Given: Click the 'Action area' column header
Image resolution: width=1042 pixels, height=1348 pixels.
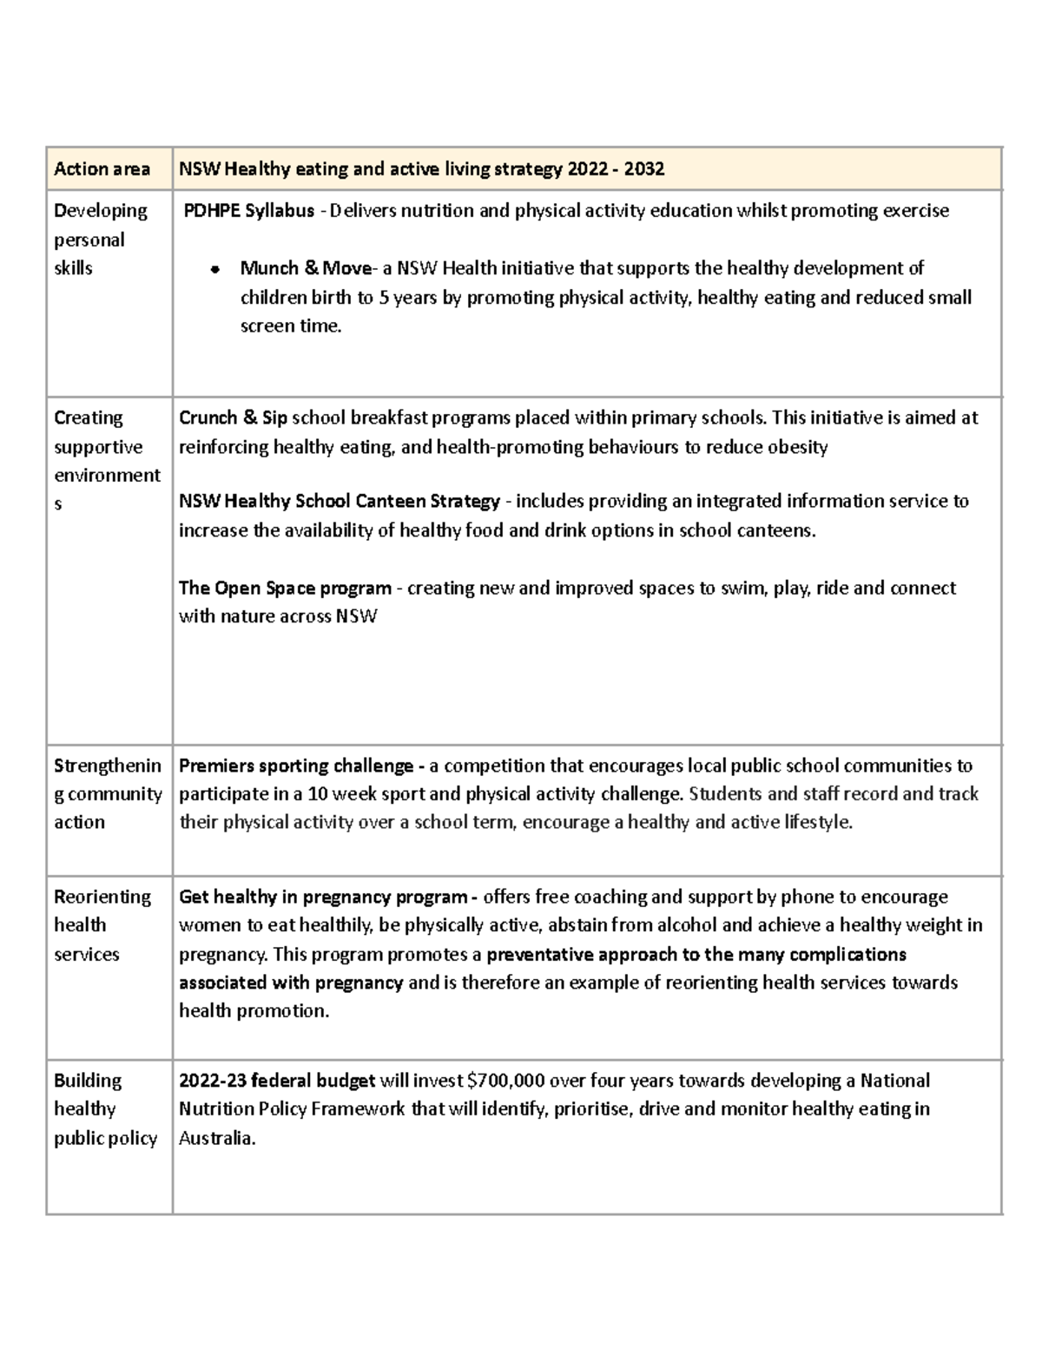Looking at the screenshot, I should click(x=102, y=169).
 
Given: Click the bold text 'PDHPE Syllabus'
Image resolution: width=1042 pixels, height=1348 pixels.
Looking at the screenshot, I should click(x=248, y=211).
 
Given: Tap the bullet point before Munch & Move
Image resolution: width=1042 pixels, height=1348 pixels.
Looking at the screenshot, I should click(x=213, y=270).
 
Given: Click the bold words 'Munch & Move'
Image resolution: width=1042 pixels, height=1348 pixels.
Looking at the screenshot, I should click(x=305, y=268).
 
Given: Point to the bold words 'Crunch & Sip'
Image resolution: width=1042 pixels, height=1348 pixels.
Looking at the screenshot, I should click(x=233, y=418).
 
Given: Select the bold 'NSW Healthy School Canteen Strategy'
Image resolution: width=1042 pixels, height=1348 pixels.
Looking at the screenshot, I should click(x=339, y=502).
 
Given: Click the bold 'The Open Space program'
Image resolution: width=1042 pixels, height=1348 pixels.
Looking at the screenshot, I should click(x=285, y=589).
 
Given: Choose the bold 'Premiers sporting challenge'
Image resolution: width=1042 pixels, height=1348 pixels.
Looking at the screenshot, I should click(x=296, y=766).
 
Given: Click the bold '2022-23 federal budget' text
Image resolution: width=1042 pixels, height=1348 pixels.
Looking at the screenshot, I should click(x=276, y=1082).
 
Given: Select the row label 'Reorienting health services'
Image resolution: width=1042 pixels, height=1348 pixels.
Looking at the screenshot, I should click(x=102, y=925).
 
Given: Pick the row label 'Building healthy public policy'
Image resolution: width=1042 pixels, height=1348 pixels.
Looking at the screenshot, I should click(x=104, y=1109).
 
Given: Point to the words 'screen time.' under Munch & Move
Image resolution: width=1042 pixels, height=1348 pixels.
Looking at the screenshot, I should click(x=291, y=327).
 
